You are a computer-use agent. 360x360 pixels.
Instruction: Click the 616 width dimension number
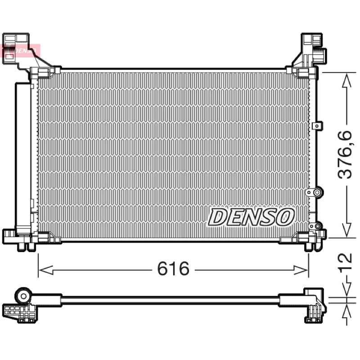173,268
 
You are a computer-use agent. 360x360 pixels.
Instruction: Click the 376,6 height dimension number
345,154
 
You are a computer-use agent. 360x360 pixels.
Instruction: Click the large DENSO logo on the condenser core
251,217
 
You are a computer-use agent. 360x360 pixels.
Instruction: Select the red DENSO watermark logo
21,50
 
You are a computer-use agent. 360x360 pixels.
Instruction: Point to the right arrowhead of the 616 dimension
301,270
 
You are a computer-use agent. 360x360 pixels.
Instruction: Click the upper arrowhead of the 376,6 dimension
346,81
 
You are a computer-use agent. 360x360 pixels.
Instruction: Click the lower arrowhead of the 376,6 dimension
346,229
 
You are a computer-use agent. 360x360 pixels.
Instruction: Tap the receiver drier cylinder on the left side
23,158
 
